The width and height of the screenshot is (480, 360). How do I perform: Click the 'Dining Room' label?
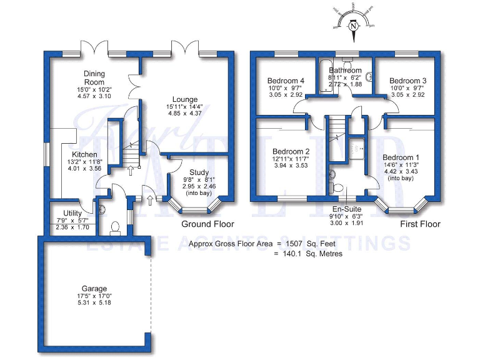94,77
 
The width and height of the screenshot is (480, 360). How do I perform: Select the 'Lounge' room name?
185,99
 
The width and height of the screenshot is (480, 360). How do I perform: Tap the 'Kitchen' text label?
84,154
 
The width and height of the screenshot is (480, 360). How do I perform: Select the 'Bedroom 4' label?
286,81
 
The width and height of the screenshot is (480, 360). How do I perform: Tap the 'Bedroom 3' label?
407,81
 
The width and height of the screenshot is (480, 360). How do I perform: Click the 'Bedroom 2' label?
291,151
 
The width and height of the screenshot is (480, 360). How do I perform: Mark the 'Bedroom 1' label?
401,157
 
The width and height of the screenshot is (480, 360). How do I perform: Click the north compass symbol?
354,26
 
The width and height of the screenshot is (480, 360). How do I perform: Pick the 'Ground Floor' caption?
207,224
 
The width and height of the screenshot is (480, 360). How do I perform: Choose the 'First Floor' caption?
419,224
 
